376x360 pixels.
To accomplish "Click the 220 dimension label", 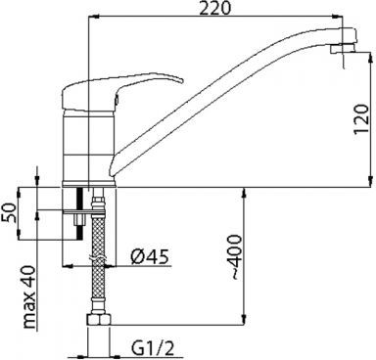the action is [x=215, y=8].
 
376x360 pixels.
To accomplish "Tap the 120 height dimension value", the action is [x=361, y=118].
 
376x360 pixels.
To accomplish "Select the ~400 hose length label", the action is [x=235, y=257].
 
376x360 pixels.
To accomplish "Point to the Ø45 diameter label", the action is [x=150, y=256].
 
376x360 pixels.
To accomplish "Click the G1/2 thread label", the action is [x=153, y=349].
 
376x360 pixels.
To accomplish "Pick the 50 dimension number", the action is [x=9, y=212].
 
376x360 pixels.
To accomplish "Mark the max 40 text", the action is [x=29, y=296].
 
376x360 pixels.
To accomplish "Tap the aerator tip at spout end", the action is [x=342, y=48].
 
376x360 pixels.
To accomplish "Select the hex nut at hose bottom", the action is [x=99, y=320].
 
